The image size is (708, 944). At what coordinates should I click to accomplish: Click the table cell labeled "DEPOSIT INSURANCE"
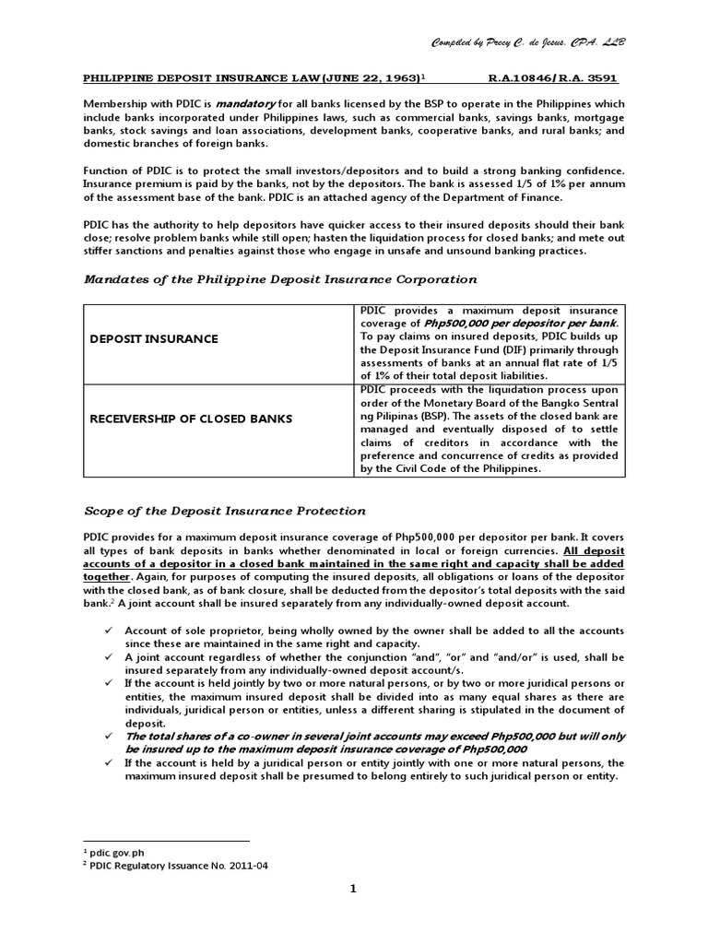(x=154, y=339)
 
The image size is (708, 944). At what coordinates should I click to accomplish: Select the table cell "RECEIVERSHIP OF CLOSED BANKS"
(x=190, y=419)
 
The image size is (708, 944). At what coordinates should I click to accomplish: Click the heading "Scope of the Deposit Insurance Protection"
(x=224, y=511)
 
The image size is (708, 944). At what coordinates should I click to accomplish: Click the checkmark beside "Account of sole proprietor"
(x=109, y=631)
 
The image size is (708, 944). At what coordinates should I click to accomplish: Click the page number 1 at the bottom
(x=353, y=889)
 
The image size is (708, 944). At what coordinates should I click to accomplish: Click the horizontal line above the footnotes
(x=166, y=840)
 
